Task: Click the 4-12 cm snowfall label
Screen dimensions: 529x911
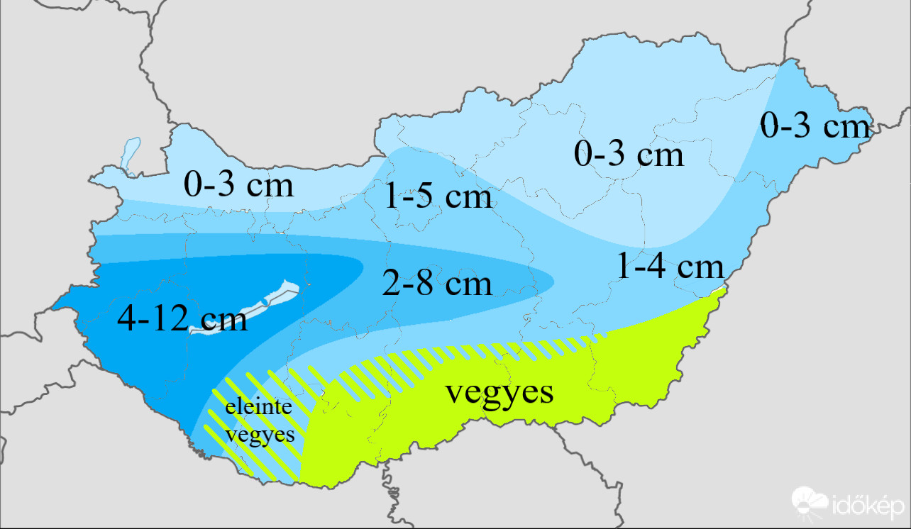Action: pos(182,319)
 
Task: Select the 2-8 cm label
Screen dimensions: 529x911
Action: pos(436,284)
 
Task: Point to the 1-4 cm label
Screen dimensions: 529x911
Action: pos(670,267)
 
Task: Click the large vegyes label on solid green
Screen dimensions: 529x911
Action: pos(499,392)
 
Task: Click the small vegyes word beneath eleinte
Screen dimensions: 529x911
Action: pos(260,434)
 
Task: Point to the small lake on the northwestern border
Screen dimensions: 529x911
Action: pos(128,155)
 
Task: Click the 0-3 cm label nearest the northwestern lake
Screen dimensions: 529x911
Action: pos(238,185)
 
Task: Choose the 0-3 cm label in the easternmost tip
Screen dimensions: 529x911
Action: pos(815,127)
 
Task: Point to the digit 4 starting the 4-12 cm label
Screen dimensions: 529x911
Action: pos(127,319)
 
